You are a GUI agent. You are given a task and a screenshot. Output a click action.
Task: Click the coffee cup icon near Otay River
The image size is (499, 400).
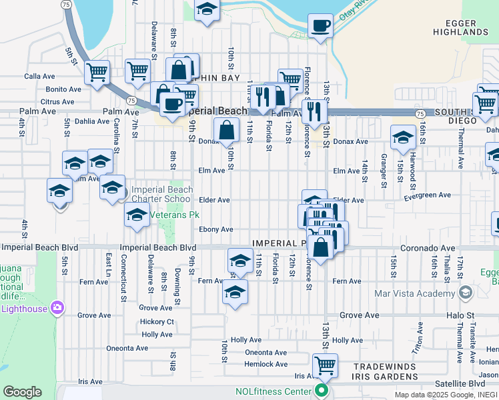[x=320, y=26]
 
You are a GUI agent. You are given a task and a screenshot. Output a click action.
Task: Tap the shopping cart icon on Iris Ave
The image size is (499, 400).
[x=325, y=365]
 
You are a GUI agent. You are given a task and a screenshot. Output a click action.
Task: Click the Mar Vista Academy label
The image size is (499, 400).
[x=420, y=292]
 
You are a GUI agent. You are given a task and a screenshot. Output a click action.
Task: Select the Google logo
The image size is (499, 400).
[x=21, y=392]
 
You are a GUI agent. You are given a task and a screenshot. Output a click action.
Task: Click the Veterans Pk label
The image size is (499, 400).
[x=173, y=215]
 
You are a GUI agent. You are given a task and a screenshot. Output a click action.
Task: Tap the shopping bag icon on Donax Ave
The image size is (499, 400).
[x=226, y=129]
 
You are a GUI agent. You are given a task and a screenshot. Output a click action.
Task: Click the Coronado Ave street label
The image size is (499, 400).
[x=428, y=248]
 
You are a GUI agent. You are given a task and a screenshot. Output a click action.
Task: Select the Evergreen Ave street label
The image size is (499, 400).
[x=427, y=195]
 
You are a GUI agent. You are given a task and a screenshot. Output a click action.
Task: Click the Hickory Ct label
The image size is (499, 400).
[x=157, y=321]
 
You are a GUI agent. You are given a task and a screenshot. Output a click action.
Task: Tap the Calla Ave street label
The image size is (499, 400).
[x=39, y=77]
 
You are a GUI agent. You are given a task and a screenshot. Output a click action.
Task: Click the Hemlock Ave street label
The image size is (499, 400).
[x=266, y=364]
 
